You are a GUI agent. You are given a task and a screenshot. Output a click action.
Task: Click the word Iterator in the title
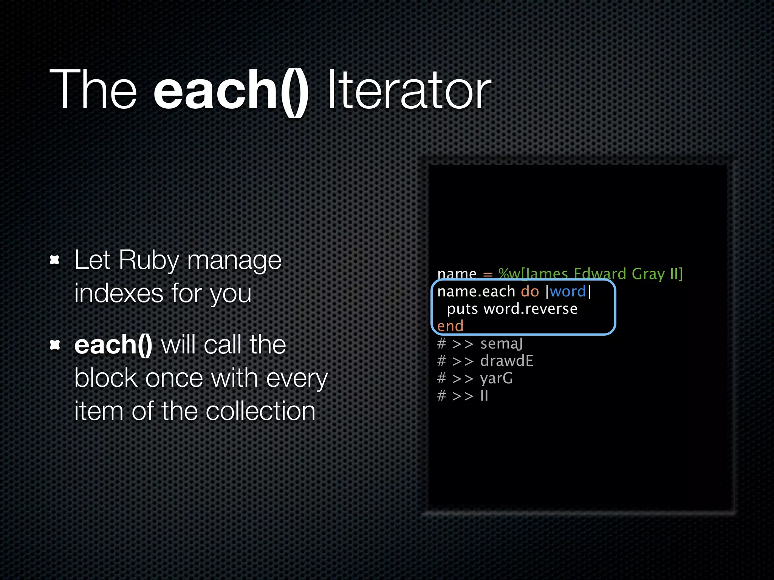(409, 91)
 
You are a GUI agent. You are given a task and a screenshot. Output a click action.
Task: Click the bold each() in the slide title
(231, 91)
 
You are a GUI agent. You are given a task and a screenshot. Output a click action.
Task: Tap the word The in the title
(93, 91)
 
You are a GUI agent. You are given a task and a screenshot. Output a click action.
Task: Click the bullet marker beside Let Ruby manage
(55, 260)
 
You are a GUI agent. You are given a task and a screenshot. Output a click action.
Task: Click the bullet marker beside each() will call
(55, 344)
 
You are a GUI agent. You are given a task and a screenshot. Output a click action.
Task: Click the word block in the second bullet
(106, 378)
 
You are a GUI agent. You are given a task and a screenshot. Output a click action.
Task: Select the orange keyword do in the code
(530, 292)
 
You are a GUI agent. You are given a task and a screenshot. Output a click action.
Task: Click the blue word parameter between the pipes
(568, 292)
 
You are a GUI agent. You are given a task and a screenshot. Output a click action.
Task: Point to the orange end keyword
(450, 326)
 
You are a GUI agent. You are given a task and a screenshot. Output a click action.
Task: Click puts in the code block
(462, 309)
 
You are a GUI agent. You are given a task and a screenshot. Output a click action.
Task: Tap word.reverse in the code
(531, 309)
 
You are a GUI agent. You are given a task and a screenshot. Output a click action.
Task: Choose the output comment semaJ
(502, 344)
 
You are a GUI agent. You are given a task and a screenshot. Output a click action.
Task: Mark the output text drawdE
(506, 361)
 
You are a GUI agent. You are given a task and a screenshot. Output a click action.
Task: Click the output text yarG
(496, 378)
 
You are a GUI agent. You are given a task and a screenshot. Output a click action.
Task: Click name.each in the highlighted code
(476, 292)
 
